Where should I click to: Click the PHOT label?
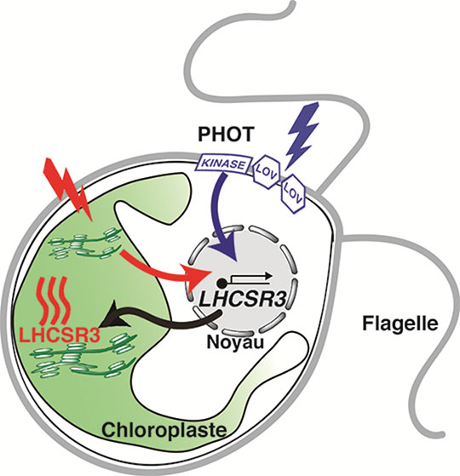(225, 135)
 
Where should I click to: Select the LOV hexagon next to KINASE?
(267, 172)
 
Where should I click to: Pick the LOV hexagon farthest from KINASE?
(293, 194)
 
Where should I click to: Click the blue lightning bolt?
(303, 134)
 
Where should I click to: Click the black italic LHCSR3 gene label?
(243, 300)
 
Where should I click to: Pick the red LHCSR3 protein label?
(59, 335)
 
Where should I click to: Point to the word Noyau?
(235, 342)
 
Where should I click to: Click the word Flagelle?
(400, 324)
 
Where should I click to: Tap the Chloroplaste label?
(164, 430)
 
